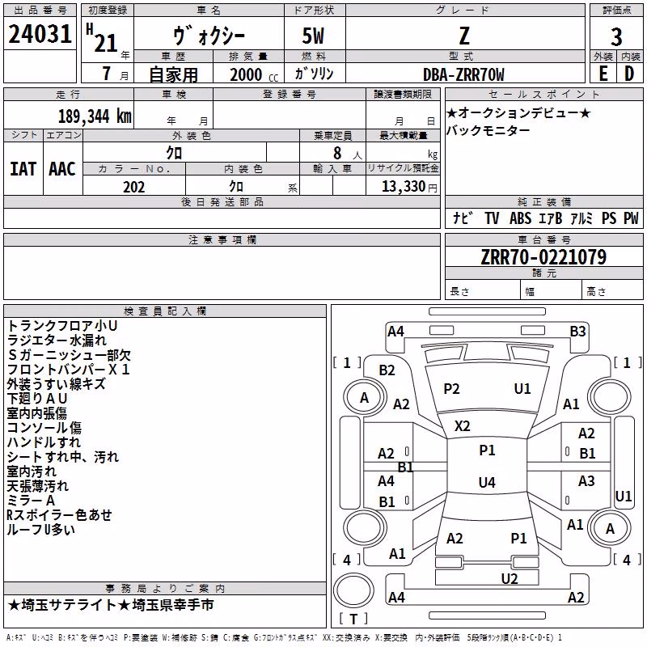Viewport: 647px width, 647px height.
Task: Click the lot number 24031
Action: pyautogui.click(x=40, y=34)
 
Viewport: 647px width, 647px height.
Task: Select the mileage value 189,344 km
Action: pyautogui.click(x=95, y=116)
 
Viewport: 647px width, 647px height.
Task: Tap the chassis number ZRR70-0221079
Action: pyautogui.click(x=543, y=257)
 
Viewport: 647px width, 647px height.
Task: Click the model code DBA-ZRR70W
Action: pyautogui.click(x=463, y=74)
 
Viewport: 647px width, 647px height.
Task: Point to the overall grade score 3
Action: pyautogui.click(x=616, y=36)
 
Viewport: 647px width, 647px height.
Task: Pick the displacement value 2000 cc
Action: pyautogui.click(x=254, y=74)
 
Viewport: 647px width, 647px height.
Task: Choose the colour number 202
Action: pyautogui.click(x=134, y=187)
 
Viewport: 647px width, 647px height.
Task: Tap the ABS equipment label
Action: pyautogui.click(x=520, y=218)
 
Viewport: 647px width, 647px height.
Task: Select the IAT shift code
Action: pyautogui.click(x=23, y=169)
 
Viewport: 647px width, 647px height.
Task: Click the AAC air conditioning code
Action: pyautogui.click(x=62, y=169)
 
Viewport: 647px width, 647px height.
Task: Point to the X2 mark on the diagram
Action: pyautogui.click(x=462, y=426)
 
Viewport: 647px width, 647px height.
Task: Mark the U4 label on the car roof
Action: pyautogui.click(x=487, y=482)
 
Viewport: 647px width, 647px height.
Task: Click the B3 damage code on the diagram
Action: pyautogui.click(x=577, y=332)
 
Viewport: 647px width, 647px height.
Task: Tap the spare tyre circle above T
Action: pyautogui.click(x=353, y=590)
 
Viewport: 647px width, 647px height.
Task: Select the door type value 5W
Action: pyautogui.click(x=313, y=36)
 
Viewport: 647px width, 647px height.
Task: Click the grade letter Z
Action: pyautogui.click(x=464, y=36)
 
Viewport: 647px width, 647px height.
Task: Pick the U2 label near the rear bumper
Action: pyautogui.click(x=510, y=579)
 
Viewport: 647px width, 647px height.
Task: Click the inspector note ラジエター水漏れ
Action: pyautogui.click(x=57, y=340)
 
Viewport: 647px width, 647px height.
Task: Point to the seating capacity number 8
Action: pyautogui.click(x=337, y=153)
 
